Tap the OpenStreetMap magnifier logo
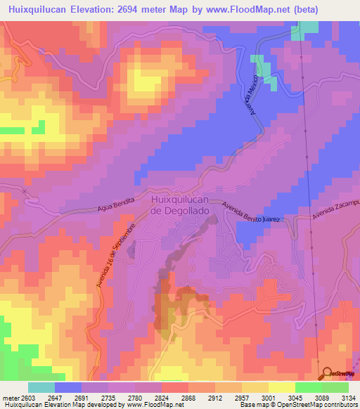point(327,373)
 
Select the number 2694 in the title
point(129,10)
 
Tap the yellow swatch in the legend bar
point(281,387)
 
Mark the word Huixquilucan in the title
point(35,10)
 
